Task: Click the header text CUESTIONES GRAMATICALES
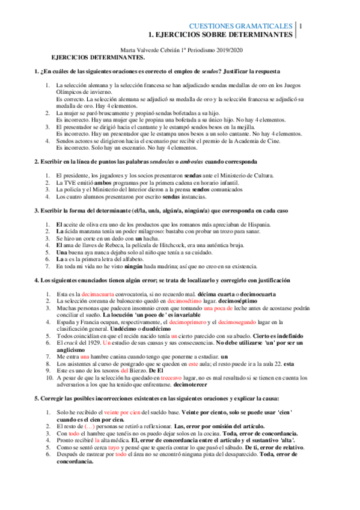pos(240,26)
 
